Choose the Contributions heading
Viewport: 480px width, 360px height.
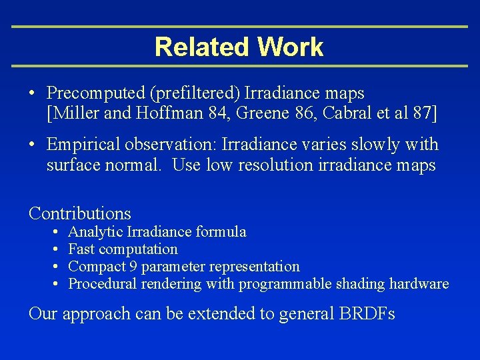coord(80,213)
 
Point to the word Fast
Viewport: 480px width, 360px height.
coord(81,249)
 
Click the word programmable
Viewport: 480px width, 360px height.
coord(287,285)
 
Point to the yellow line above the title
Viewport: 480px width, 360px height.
coord(240,27)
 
